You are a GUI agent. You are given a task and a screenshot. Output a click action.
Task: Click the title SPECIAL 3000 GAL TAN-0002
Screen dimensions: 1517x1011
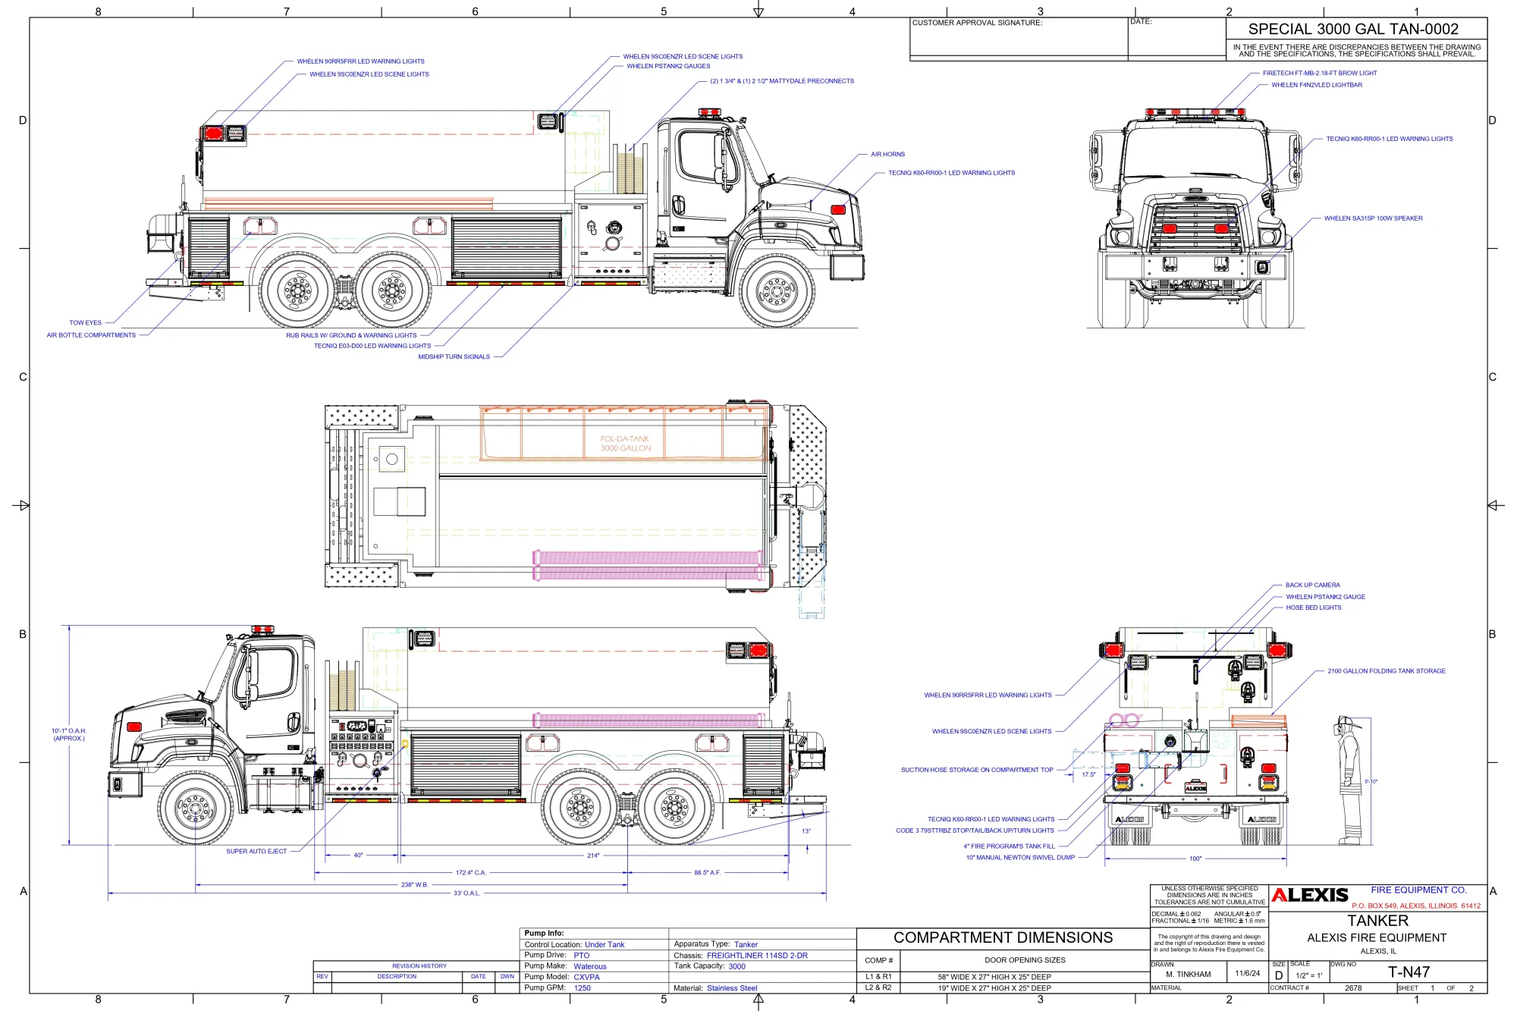tap(1353, 29)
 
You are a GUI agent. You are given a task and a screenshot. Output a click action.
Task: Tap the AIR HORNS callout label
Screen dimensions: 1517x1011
tap(887, 154)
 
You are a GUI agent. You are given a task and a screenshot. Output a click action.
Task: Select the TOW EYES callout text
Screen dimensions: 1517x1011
tap(85, 322)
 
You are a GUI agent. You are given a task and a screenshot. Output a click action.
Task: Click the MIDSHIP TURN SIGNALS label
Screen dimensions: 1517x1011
tap(454, 356)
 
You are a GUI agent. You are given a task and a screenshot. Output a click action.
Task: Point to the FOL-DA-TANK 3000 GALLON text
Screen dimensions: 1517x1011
tap(625, 444)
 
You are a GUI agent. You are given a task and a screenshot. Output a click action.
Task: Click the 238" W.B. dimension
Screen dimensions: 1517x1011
tap(414, 884)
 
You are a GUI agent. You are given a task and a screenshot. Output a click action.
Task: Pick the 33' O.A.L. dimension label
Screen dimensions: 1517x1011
tap(466, 893)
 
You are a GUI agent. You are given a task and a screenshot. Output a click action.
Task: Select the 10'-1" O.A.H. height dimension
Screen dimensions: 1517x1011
tap(69, 734)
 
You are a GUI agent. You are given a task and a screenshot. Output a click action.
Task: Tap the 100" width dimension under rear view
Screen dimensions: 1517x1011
tap(1195, 859)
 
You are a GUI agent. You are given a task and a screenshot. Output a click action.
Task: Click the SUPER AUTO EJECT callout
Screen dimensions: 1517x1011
tap(256, 851)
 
